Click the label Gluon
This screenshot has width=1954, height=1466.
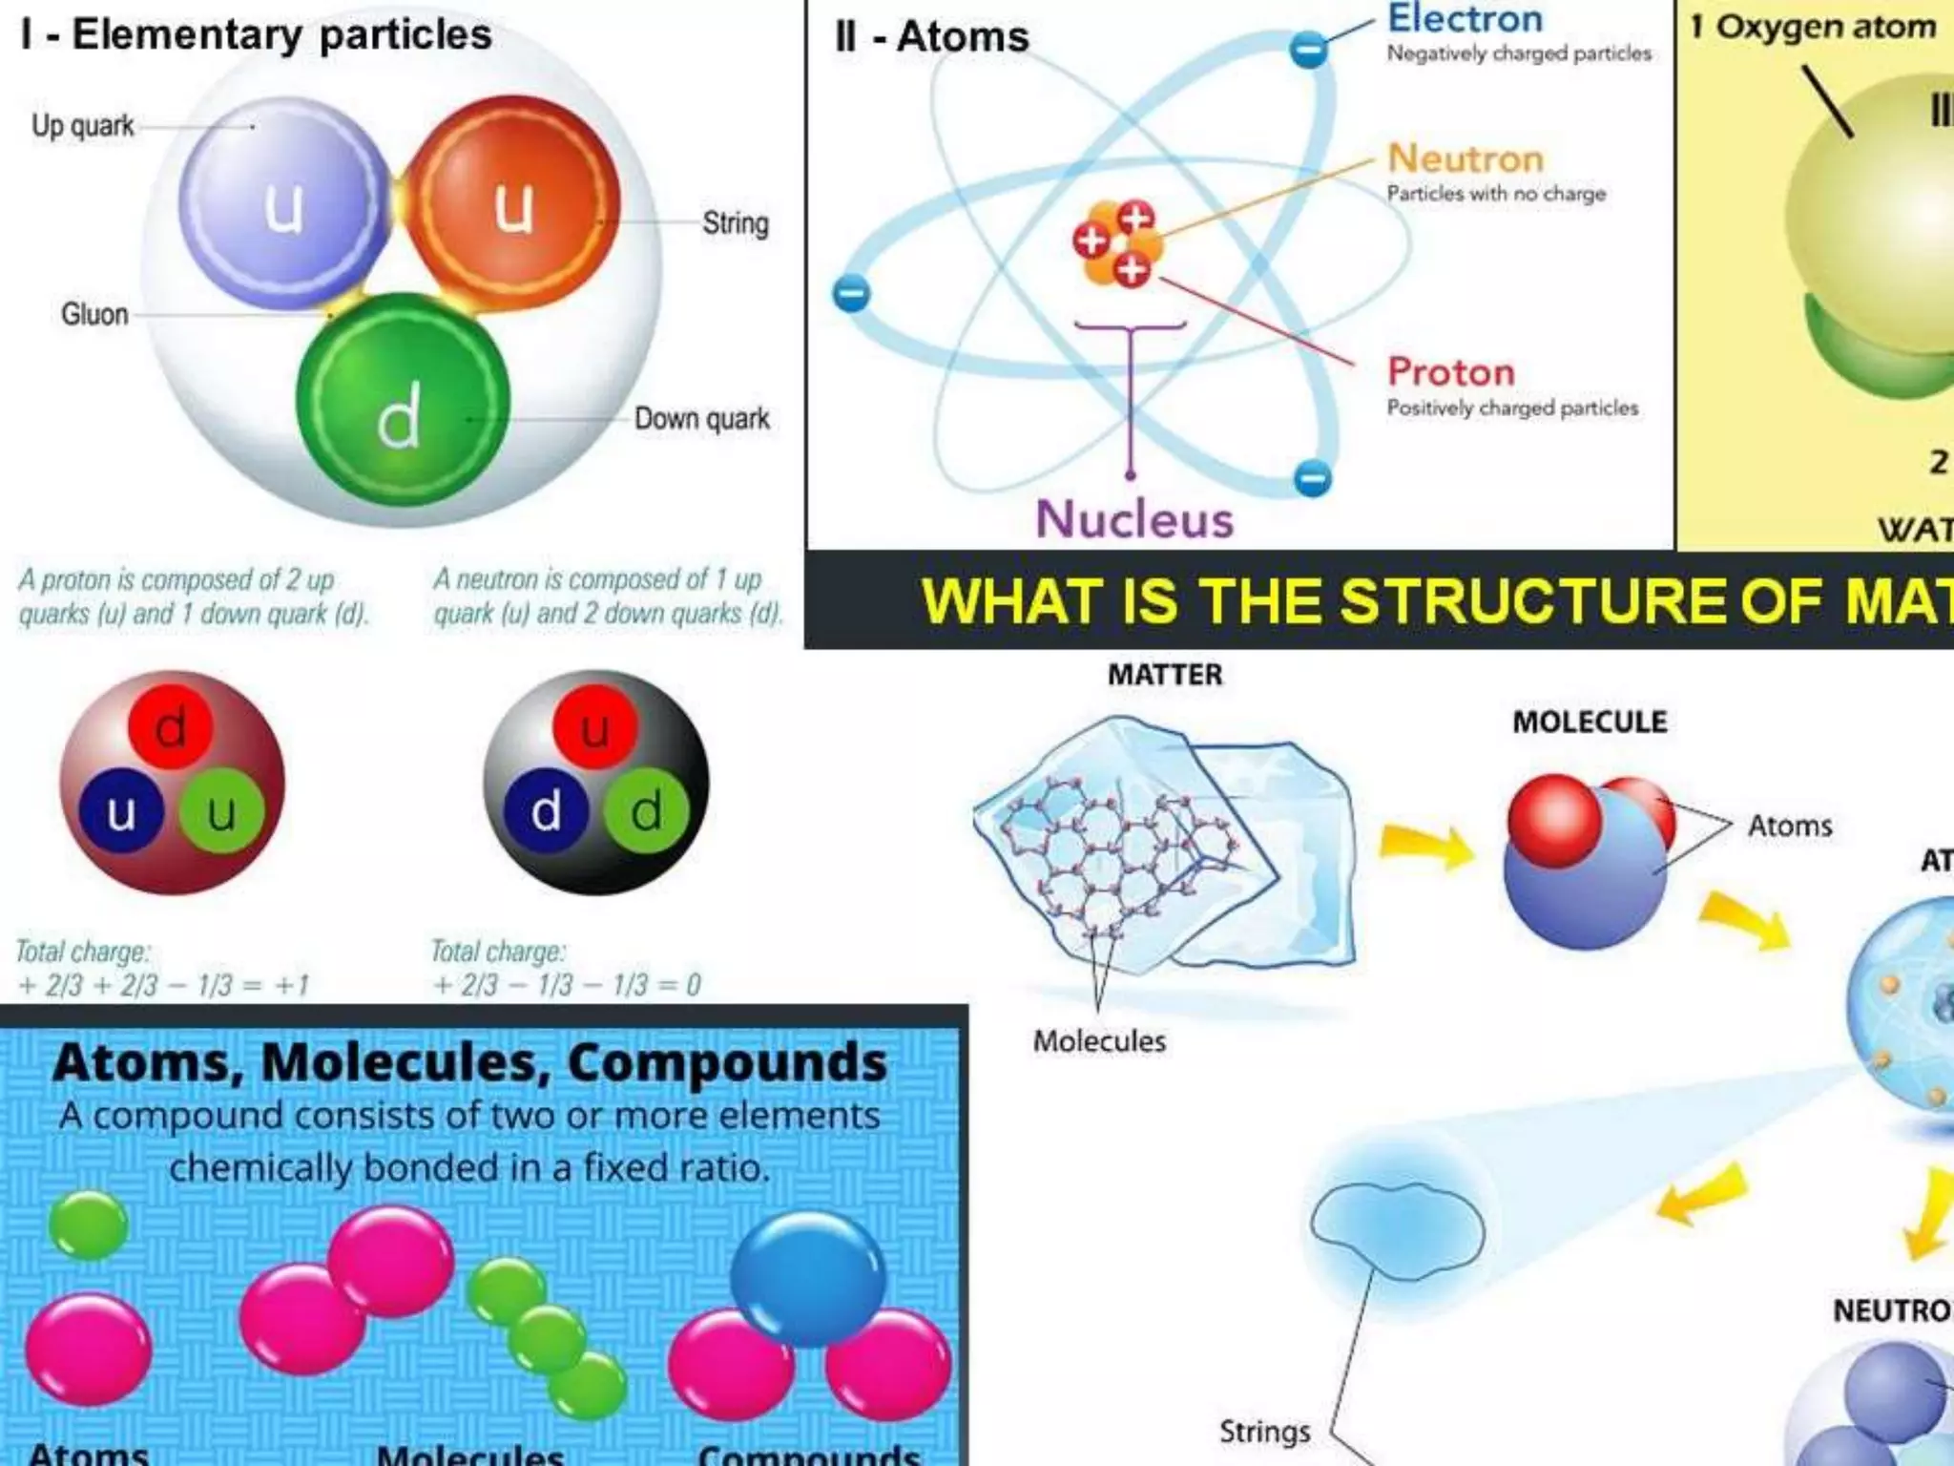[94, 314]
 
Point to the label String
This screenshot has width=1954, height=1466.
[735, 223]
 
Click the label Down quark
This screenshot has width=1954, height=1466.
[701, 419]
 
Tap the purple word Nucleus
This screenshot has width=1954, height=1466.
[1134, 519]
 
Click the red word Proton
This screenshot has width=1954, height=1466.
[1450, 372]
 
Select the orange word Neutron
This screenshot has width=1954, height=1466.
[1465, 158]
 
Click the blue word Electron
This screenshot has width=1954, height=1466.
[1465, 19]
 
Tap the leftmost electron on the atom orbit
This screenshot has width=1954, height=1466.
[851, 293]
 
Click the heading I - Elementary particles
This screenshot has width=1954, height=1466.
[256, 35]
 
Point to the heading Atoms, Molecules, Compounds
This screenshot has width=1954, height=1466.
[469, 1062]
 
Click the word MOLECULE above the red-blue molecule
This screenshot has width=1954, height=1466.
[1590, 723]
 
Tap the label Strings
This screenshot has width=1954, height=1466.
[1264, 1432]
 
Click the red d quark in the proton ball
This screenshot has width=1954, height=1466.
[171, 728]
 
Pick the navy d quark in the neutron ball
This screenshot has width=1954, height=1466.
[545, 812]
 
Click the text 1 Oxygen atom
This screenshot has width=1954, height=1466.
[1813, 27]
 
